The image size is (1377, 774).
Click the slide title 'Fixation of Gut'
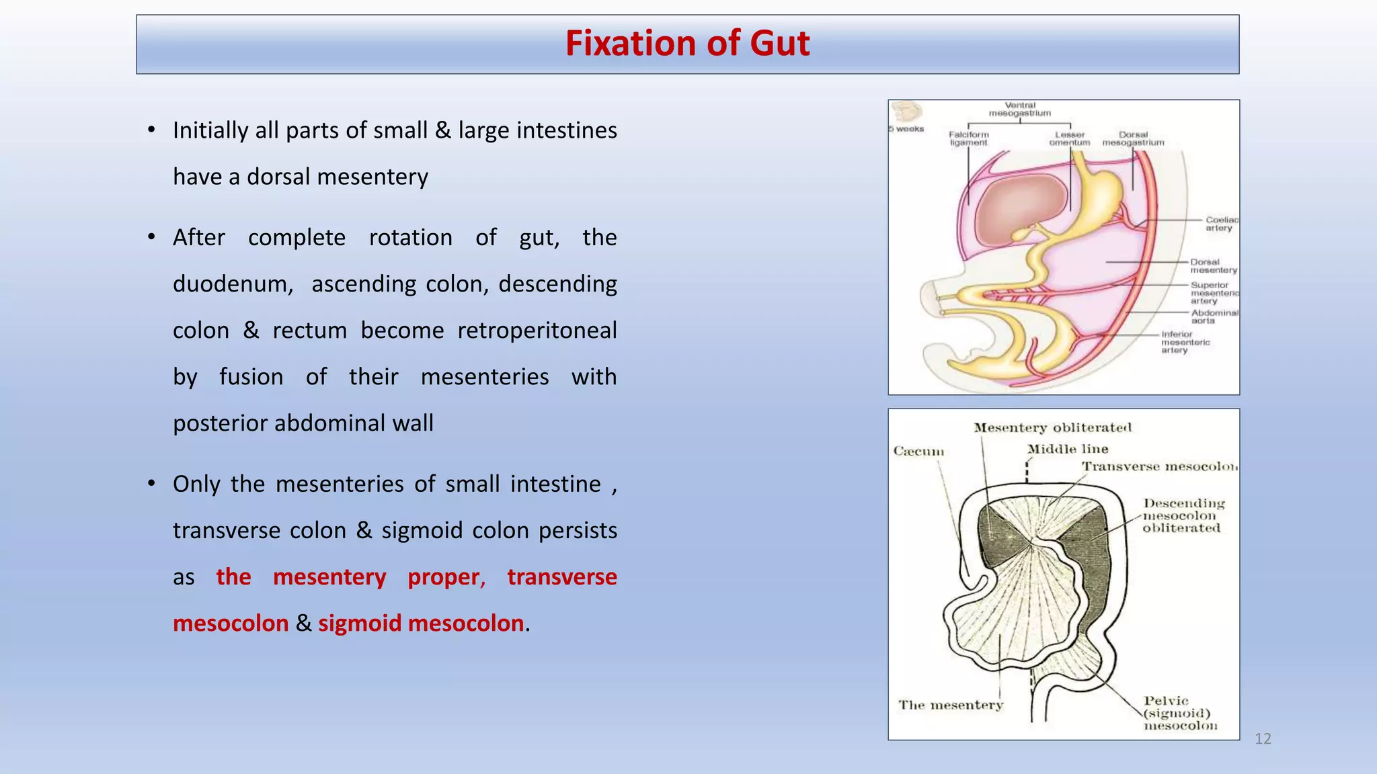[687, 44]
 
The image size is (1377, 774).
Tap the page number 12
[1263, 739]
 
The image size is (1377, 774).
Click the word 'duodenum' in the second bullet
[233, 284]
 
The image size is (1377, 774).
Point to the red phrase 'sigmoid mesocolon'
[421, 623]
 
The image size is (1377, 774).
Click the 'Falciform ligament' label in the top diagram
[969, 138]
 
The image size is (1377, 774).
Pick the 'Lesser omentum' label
[1069, 138]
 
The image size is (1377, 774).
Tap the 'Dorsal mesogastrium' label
[1133, 138]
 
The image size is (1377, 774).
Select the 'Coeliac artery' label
[1220, 224]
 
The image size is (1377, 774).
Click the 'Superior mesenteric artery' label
[1214, 293]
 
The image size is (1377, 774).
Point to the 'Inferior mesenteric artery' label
[1185, 342]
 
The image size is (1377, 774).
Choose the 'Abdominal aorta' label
[1214, 316]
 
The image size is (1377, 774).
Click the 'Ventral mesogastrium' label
[1020, 109]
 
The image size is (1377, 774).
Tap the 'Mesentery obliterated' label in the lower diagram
[1052, 427]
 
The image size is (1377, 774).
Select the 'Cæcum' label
[918, 451]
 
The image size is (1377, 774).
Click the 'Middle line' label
[1067, 449]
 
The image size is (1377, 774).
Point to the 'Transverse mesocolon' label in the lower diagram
[1159, 466]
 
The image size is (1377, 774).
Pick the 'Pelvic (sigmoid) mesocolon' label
[1180, 714]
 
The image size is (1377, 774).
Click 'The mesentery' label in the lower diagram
[951, 705]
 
